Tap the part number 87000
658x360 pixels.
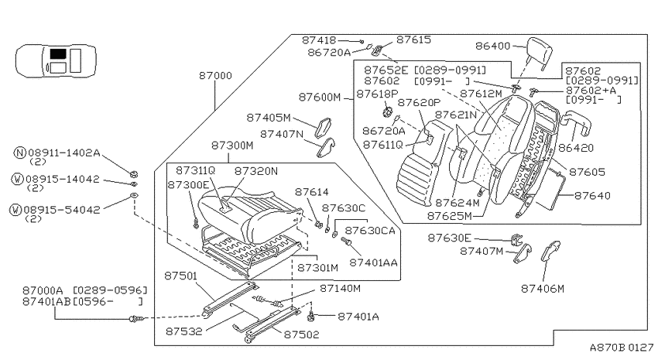[215, 76]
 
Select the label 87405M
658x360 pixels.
[269, 118]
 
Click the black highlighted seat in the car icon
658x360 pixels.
[58, 53]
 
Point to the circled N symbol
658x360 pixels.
[19, 153]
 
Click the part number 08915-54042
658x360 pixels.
[62, 210]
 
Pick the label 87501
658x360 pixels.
[180, 276]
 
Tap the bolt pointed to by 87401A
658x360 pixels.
[311, 317]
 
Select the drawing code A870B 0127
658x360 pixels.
[622, 348]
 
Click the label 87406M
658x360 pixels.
[543, 289]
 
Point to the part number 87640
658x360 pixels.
[592, 196]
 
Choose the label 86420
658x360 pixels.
[576, 148]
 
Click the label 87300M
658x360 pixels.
[232, 146]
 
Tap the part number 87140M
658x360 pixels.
[340, 289]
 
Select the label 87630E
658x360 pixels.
[450, 238]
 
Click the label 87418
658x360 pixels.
[319, 39]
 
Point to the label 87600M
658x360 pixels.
[320, 97]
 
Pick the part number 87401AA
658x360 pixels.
[373, 262]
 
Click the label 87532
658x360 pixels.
[183, 331]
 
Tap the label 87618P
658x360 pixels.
[377, 94]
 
